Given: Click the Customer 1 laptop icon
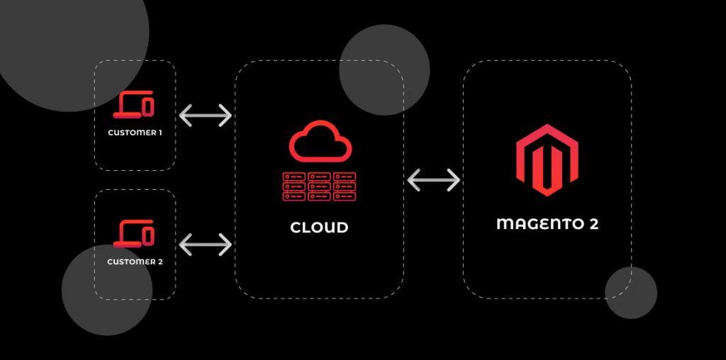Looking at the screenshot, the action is click(133, 105).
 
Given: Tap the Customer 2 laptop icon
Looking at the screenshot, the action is click(133, 234).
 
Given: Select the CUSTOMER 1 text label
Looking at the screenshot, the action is click(135, 133).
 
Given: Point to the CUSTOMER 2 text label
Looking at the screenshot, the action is click(135, 262).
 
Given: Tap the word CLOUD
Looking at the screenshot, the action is click(319, 227).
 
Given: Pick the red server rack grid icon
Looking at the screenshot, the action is click(319, 186).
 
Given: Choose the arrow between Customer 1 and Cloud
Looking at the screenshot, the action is click(205, 116).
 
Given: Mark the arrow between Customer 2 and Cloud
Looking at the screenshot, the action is click(205, 244).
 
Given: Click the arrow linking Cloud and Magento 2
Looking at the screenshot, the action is click(433, 180).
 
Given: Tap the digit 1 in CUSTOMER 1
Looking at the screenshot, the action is click(160, 133).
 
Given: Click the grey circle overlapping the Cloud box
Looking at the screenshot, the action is click(384, 70).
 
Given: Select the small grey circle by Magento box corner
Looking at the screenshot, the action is click(630, 293).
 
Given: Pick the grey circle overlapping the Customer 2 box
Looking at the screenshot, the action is click(107, 290).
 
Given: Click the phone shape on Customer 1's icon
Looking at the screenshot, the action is click(147, 107).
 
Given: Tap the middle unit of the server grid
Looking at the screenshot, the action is click(319, 186).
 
